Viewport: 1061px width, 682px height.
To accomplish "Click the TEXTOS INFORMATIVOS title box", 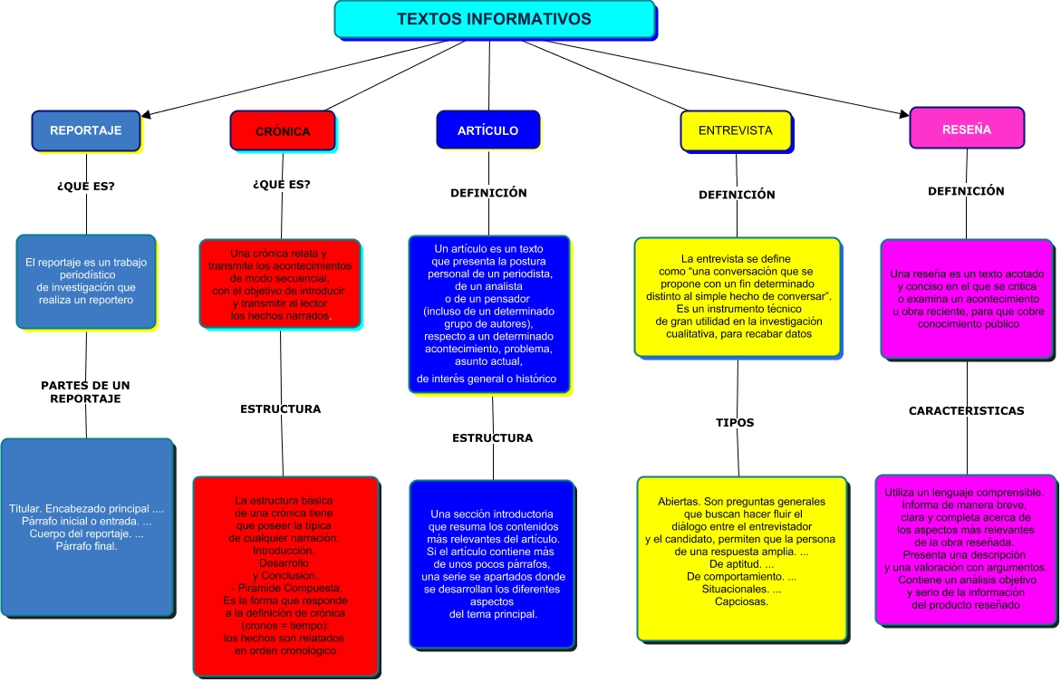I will [x=494, y=19].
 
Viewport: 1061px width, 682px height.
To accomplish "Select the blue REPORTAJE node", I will [x=86, y=130].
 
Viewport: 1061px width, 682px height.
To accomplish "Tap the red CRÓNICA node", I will [x=282, y=131].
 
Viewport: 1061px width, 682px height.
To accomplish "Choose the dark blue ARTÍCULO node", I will [x=487, y=130].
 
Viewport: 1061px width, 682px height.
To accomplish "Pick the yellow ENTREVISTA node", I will [x=735, y=130].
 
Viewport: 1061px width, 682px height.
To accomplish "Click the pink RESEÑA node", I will [x=966, y=130].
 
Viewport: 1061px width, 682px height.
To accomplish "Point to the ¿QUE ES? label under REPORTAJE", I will [x=86, y=187].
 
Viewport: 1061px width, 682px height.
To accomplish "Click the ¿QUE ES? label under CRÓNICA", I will [x=281, y=184].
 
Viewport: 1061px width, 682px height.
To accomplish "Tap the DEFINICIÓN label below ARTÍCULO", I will [x=488, y=192].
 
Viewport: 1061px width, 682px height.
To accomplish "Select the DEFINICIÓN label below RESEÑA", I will [x=966, y=191].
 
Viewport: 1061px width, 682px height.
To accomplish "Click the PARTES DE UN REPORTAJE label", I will [x=85, y=392].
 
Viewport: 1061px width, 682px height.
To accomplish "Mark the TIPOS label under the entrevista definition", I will [x=735, y=422].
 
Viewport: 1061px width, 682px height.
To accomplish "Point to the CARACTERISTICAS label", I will [x=966, y=410].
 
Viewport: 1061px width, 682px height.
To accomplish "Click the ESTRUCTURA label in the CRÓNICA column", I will [x=280, y=408].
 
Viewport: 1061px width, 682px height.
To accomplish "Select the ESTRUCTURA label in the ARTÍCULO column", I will [x=492, y=437].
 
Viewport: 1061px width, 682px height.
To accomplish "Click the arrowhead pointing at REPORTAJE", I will [x=146, y=115].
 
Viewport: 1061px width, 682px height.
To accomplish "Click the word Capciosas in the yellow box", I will [x=741, y=601].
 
